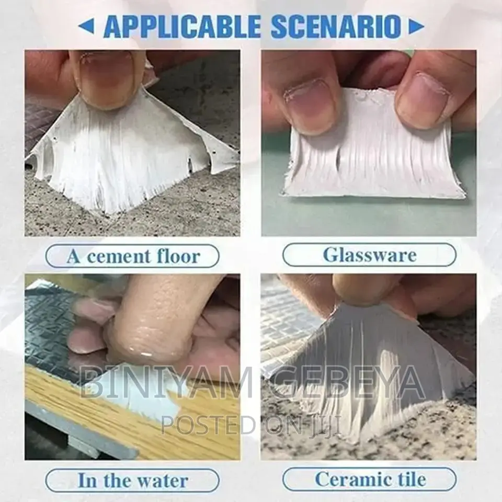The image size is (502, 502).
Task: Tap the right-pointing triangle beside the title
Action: pos(416,26)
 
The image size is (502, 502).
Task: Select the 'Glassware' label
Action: pos(369,255)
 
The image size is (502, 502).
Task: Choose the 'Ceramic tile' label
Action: pos(369,480)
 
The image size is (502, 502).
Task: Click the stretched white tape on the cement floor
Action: pos(131,157)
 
